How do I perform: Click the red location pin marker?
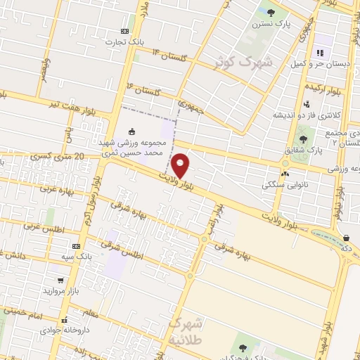(181, 165)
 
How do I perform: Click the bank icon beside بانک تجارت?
(124, 31)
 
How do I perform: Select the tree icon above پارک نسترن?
(271, 12)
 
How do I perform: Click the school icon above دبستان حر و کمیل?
(320, 52)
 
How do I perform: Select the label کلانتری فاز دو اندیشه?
(307, 114)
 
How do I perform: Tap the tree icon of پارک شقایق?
(303, 139)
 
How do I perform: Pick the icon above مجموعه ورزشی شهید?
(131, 131)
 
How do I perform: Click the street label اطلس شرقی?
(121, 249)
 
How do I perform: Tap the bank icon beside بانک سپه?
(75, 246)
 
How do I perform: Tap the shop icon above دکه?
(346, 238)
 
